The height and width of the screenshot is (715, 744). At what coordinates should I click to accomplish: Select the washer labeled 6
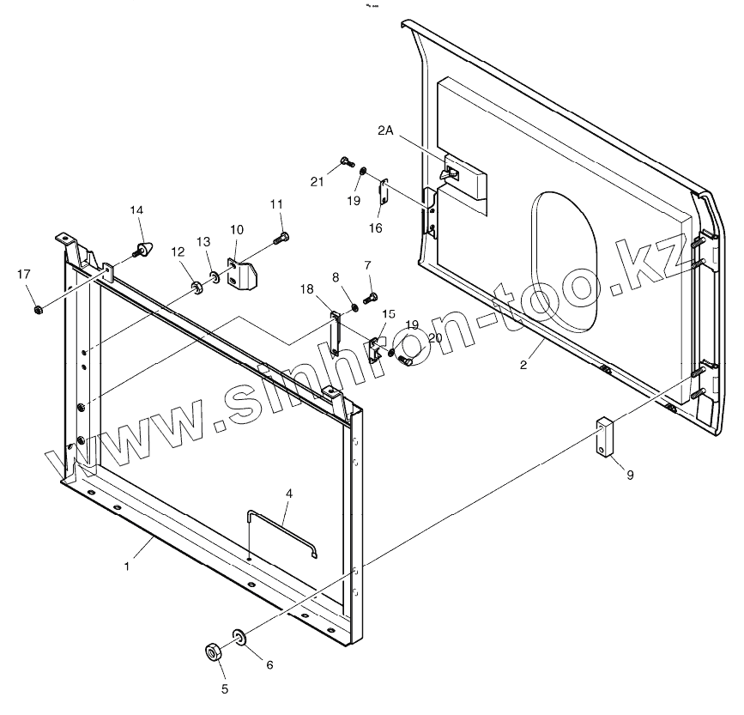[x=238, y=637]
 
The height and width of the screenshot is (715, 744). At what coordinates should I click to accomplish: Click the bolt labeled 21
[x=345, y=161]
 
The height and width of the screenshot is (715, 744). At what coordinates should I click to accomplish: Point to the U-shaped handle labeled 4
[x=281, y=532]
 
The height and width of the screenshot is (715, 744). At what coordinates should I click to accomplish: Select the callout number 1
[x=127, y=567]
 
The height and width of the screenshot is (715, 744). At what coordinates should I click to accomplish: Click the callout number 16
[x=376, y=227]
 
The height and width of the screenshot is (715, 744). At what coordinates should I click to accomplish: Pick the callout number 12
[x=178, y=251]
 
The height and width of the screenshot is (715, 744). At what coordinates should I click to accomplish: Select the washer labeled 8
[x=354, y=306]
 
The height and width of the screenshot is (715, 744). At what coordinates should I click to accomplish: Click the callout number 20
[x=434, y=339]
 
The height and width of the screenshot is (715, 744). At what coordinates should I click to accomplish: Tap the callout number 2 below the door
[x=523, y=363]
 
